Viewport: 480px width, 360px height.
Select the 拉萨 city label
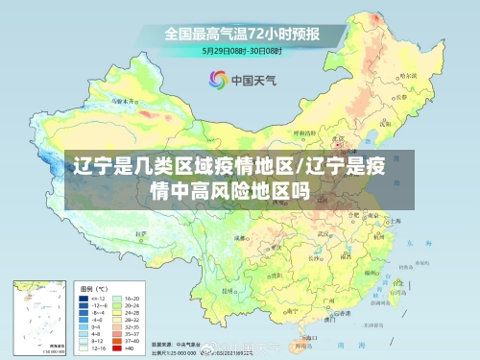coord(144,233)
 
